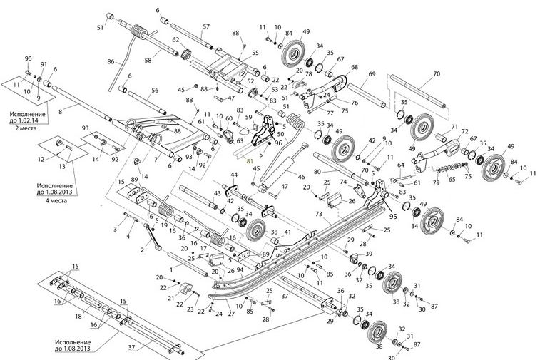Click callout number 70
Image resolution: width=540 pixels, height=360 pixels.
click(437, 74)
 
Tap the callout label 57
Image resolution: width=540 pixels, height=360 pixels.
click(206, 28)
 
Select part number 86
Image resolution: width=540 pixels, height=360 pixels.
click(111, 63)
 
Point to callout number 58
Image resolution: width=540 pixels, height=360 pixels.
click(149, 61)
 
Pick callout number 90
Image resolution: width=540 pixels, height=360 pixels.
click(29, 58)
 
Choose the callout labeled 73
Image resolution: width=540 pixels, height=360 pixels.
click(319, 214)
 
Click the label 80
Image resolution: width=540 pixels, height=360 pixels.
click(317, 171)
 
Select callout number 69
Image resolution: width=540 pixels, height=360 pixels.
click(372, 74)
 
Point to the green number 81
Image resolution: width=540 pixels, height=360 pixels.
click(249, 162)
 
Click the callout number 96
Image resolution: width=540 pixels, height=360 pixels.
click(278, 143)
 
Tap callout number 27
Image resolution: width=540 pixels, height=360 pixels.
click(230, 314)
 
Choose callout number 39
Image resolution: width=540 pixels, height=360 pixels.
click(369, 254)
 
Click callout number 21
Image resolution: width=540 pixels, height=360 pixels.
click(170, 298)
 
